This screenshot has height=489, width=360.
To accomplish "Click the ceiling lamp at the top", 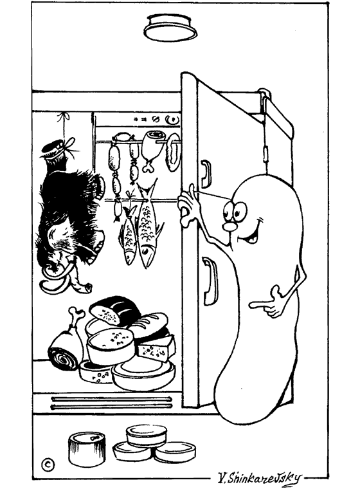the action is [x=170, y=28].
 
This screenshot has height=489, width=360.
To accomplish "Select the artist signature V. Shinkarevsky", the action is [x=260, y=477].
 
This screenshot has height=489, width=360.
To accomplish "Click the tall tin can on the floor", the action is [x=87, y=449].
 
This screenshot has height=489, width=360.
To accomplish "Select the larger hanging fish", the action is [x=147, y=224].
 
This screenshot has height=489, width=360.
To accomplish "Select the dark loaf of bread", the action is [x=114, y=309].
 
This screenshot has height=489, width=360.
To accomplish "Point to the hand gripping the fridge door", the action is [x=188, y=206].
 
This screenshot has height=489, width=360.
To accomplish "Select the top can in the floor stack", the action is [x=146, y=435].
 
